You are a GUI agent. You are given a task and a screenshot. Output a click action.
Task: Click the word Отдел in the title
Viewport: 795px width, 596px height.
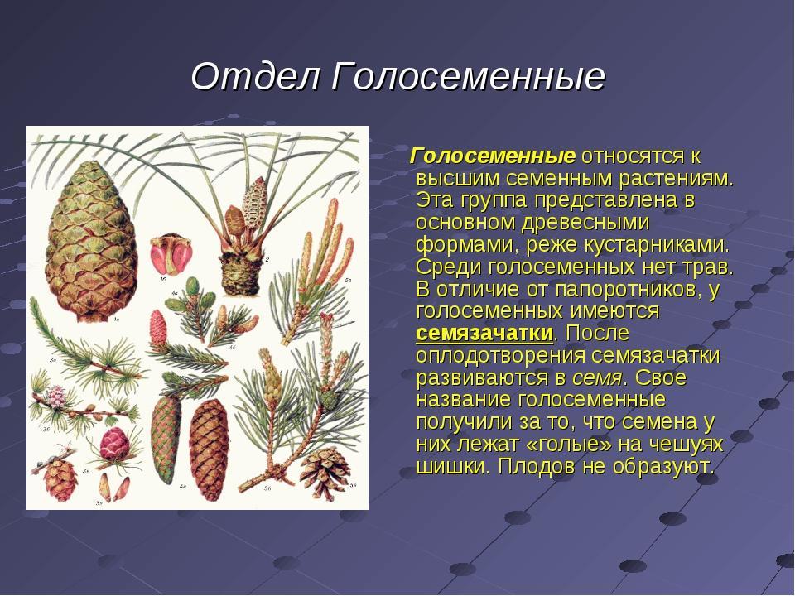[x=256, y=76]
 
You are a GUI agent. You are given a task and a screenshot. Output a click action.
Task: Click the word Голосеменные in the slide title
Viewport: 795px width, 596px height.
[x=469, y=76]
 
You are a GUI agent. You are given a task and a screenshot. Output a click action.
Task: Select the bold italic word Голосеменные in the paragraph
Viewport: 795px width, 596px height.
[x=492, y=156]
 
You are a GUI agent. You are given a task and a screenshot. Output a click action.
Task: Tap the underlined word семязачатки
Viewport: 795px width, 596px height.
[x=484, y=334]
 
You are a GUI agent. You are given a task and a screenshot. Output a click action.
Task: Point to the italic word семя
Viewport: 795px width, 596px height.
[x=597, y=378]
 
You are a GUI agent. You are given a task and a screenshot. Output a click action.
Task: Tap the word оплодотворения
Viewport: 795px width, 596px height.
[x=500, y=356]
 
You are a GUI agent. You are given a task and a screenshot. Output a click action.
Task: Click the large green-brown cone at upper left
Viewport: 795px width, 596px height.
[x=90, y=241]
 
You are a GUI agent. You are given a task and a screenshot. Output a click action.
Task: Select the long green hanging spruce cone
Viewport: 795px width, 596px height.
[x=166, y=439]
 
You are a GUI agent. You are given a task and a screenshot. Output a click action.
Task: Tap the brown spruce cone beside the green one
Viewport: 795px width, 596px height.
[x=209, y=449]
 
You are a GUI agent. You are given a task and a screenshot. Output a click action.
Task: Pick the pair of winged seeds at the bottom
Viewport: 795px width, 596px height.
[x=113, y=488]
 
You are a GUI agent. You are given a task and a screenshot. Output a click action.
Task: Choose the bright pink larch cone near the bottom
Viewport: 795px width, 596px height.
[x=114, y=444]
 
